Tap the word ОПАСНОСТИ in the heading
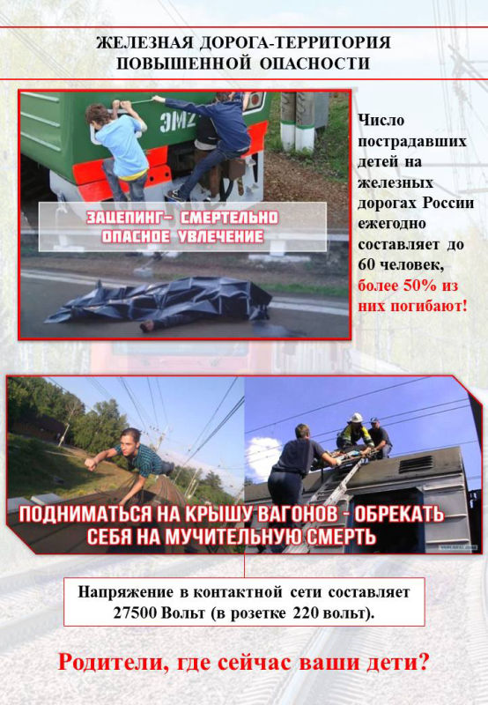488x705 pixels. (x=314, y=63)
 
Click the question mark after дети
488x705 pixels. (x=424, y=663)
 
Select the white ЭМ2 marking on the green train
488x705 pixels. (x=177, y=122)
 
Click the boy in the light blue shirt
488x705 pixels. (x=118, y=148)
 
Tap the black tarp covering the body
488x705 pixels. (x=162, y=301)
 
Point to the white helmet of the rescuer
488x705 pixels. (x=357, y=418)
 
